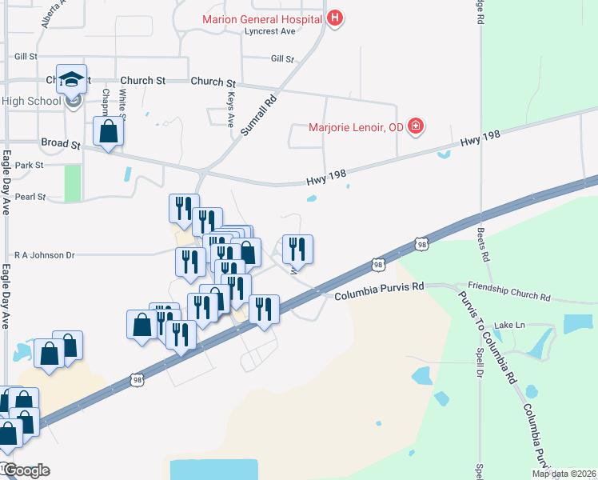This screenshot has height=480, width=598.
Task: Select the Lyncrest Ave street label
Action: click(x=270, y=31)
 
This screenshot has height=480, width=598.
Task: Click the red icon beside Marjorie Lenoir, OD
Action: click(x=415, y=126)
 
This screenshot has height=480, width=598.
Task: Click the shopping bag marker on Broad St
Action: click(x=109, y=131)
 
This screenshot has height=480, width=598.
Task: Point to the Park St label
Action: click(x=29, y=166)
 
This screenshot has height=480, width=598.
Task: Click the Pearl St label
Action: click(x=30, y=196)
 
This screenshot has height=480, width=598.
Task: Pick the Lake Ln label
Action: click(x=508, y=325)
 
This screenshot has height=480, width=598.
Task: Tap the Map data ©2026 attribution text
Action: click(x=563, y=474)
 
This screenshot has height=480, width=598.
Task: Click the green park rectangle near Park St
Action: click(x=73, y=183)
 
